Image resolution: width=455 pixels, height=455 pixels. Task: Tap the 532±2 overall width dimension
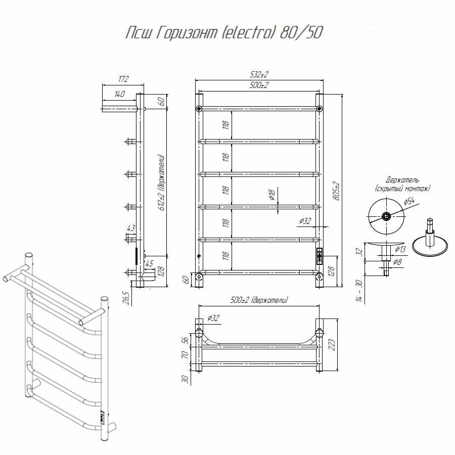point(259,75)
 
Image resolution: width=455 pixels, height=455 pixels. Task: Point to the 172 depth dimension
point(124,79)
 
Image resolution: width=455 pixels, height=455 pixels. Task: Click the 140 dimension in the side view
point(119,94)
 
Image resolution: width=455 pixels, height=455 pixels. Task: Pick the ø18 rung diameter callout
point(271,195)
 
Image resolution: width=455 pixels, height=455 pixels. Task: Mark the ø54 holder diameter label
point(409,201)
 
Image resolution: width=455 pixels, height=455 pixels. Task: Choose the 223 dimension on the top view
point(332,344)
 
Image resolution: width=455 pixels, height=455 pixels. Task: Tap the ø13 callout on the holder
point(400,249)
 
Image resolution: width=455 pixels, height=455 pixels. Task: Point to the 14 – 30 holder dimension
point(359,291)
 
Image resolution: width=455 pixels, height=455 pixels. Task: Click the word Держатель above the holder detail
point(402,180)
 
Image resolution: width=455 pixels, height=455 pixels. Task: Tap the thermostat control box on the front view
point(320,256)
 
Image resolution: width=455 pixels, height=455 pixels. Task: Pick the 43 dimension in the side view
point(131,228)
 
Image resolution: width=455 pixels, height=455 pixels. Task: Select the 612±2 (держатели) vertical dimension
point(162,183)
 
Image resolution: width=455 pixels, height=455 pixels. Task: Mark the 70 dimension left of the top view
point(185,354)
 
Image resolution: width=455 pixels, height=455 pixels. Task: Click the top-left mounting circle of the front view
point(199,109)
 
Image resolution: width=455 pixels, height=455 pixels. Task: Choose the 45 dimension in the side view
point(149,263)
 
